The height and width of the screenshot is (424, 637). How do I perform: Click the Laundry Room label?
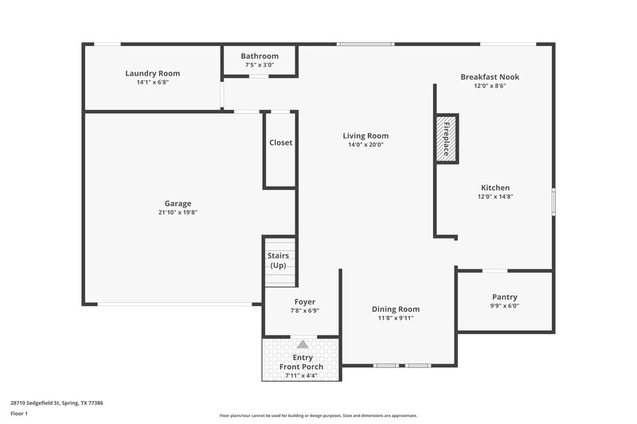(x=152, y=73)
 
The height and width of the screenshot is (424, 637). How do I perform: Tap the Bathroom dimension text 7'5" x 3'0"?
(x=260, y=65)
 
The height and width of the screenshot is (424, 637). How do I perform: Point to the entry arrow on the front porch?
(x=303, y=344)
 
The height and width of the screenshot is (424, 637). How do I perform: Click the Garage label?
(x=178, y=204)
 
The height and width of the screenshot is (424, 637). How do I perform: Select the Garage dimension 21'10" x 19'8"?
(x=178, y=212)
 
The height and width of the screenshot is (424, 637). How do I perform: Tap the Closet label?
(x=280, y=142)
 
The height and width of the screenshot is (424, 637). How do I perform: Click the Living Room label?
(x=365, y=136)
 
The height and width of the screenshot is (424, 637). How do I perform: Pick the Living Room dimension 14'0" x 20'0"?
(x=365, y=145)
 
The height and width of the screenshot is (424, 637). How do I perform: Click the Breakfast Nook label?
(x=490, y=76)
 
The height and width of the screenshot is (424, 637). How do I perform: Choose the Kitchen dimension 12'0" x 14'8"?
(x=494, y=196)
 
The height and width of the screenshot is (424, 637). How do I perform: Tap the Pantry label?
(x=505, y=296)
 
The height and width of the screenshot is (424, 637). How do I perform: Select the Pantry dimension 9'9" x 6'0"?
(x=505, y=305)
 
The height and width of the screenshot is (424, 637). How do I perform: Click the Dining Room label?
(x=396, y=309)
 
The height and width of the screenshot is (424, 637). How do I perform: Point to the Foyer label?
(x=305, y=302)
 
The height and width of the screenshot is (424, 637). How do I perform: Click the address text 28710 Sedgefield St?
(x=57, y=403)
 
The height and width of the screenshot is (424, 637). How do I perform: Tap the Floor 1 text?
(x=20, y=414)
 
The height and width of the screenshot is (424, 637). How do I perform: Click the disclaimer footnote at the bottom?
(x=318, y=415)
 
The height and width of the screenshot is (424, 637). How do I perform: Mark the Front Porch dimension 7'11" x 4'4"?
(x=302, y=375)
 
